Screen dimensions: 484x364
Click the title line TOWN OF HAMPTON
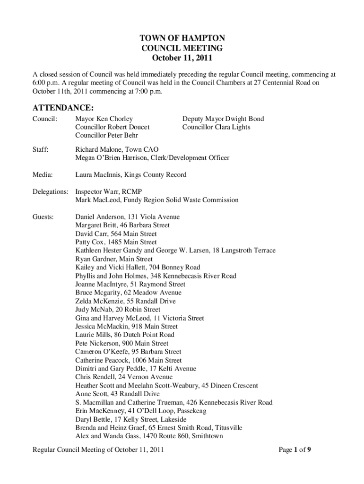point(182,38)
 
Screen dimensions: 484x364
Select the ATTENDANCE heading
point(63,108)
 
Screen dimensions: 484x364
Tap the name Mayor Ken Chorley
point(104,119)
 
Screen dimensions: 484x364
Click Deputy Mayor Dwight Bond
point(223,119)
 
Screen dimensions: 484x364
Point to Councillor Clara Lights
point(217,127)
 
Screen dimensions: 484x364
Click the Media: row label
point(43,175)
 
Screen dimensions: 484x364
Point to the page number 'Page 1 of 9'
point(295,450)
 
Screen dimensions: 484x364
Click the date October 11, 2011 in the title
point(182,58)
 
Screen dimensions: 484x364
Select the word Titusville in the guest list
point(227,428)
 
